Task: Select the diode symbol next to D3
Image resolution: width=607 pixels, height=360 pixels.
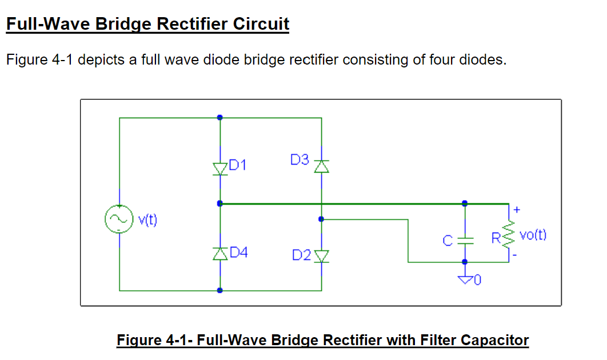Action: pos(321,166)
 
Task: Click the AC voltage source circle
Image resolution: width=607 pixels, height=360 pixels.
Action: pos(119,219)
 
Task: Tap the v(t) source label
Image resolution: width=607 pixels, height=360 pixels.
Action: pos(147,219)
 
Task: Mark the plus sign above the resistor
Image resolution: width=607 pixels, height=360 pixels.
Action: pos(517,210)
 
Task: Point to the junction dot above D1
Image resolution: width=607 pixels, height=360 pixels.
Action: pos(220,118)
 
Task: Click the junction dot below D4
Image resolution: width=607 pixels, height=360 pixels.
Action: pos(220,290)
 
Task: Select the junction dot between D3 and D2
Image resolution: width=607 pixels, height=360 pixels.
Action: pos(321,218)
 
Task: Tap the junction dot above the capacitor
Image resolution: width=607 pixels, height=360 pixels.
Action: pos(464,203)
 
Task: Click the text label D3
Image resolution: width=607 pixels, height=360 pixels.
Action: pos(299,160)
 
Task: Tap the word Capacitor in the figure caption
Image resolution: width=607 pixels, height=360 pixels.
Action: pos(494,341)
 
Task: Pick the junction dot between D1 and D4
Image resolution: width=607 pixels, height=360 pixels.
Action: pos(220,203)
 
